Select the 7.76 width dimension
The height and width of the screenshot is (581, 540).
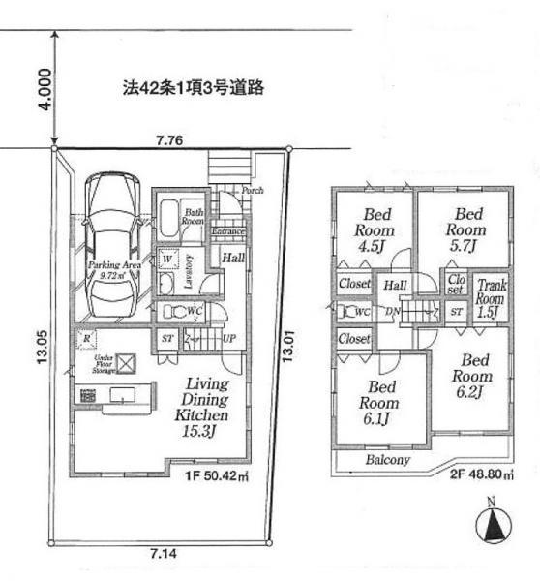coord(170,140)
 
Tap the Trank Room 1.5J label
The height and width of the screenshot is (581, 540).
coord(490,298)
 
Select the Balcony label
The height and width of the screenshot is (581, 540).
coord(387,460)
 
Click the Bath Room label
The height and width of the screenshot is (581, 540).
coord(194,217)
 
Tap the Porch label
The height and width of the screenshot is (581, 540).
coord(253,190)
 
